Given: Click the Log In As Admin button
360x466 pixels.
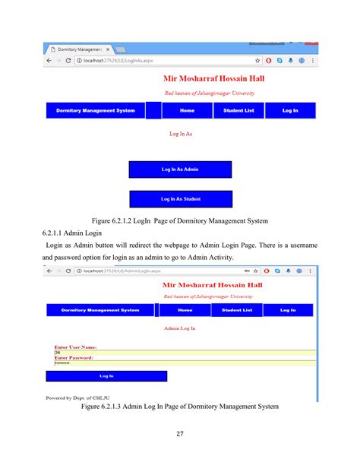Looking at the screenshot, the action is pos(180,169).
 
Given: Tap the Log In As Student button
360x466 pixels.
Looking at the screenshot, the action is pos(180,199).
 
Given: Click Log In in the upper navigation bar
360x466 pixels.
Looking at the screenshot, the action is pos(290,111).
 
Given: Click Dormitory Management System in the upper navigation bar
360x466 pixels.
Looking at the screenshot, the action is pos(96,111).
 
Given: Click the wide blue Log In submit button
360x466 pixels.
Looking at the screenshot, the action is pos(106,376).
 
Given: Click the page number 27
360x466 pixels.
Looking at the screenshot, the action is pos(180,435).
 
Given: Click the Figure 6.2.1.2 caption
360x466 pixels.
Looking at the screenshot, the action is pos(180,220).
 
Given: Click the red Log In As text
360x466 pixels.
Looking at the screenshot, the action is pos(181,133).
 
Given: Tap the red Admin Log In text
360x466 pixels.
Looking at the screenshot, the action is pos(180,328).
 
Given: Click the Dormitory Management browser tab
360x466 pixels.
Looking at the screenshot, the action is pos(79,49).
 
